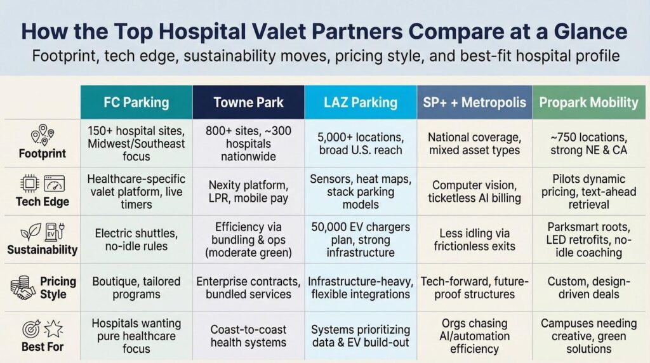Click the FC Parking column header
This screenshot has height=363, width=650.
tap(136, 102)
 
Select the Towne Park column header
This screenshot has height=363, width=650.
tap(248, 102)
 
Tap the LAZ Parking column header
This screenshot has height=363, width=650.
tap(361, 102)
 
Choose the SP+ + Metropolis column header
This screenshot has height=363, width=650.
tap(474, 102)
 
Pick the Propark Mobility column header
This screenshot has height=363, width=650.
tap(588, 102)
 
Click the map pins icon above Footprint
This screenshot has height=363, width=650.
tap(43, 135)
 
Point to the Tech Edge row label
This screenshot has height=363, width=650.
tap(43, 202)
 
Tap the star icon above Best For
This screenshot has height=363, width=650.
tap(53, 329)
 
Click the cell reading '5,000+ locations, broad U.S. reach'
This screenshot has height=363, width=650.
tap(361, 143)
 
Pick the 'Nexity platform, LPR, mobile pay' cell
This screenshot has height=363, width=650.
tap(248, 192)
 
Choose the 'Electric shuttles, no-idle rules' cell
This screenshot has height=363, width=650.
tap(136, 239)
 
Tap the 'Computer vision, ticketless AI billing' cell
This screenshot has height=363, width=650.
tap(474, 192)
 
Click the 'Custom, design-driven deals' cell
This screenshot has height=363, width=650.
tap(588, 287)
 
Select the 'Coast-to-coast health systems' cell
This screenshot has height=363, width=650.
tap(248, 336)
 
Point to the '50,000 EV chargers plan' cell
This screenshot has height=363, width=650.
tap(361, 239)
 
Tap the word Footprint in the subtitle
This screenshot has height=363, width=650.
tap(64, 56)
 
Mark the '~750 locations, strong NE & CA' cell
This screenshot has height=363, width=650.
tap(588, 143)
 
